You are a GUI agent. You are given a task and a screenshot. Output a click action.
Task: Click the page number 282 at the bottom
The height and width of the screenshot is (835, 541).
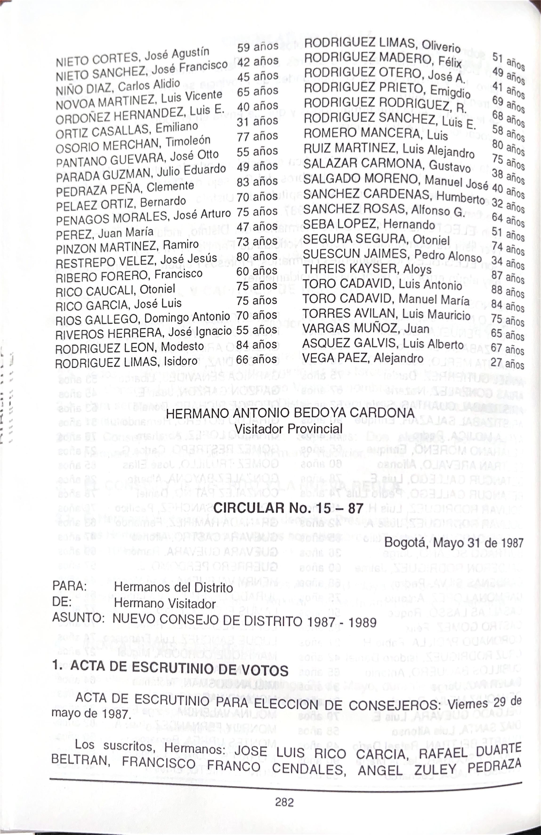pyautogui.click(x=284, y=802)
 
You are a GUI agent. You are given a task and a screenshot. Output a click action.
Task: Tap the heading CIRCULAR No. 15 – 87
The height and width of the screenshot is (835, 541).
pyautogui.click(x=288, y=508)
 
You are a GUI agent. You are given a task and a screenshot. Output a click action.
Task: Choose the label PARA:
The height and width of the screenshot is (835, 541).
pyautogui.click(x=69, y=586)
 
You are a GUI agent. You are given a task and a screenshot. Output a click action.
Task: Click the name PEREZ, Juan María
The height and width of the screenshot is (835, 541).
pyautogui.click(x=105, y=233)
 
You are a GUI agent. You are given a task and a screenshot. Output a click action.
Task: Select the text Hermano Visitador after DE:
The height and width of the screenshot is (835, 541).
pyautogui.click(x=165, y=603)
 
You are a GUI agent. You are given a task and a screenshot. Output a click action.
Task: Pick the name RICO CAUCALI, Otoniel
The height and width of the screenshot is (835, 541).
pyautogui.click(x=115, y=289)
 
